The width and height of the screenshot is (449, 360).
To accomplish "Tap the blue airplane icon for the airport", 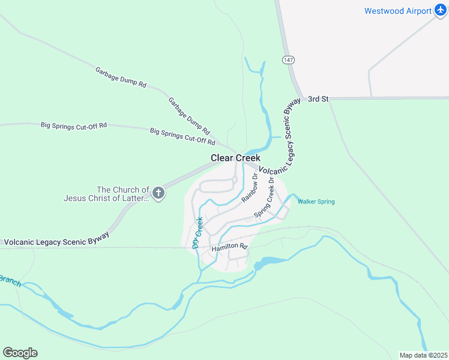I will coord(441,11).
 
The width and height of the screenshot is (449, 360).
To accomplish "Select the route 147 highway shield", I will coord(289,60).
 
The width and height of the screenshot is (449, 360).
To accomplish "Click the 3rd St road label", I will coord(318,99).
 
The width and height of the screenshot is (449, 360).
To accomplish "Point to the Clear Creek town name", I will coord(235,158).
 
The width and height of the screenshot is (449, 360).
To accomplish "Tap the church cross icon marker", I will coord(158,193).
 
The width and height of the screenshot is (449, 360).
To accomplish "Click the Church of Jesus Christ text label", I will coord(106,194).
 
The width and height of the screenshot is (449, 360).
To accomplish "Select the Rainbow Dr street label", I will coord(249,187).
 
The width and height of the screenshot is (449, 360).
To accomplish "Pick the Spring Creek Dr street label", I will coord(264,197).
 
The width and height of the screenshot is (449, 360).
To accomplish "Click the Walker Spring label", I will coord(316,202).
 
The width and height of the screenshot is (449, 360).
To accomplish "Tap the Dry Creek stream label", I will coord(197,233).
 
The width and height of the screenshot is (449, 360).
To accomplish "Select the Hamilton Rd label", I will coord(229,247).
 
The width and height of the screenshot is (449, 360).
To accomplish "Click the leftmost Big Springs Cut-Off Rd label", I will coord(73,125).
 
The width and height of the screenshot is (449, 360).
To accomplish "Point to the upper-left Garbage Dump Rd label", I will coord(121,77).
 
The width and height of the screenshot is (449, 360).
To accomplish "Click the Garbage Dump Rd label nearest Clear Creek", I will coord(189,116).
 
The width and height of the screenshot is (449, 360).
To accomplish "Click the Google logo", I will coord(20,353).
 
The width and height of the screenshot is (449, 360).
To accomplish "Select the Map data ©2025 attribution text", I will coord(423,355).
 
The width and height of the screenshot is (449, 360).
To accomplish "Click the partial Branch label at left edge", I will coord(10,281).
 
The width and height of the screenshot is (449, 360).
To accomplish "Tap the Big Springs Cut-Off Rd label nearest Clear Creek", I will coord(182,136).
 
